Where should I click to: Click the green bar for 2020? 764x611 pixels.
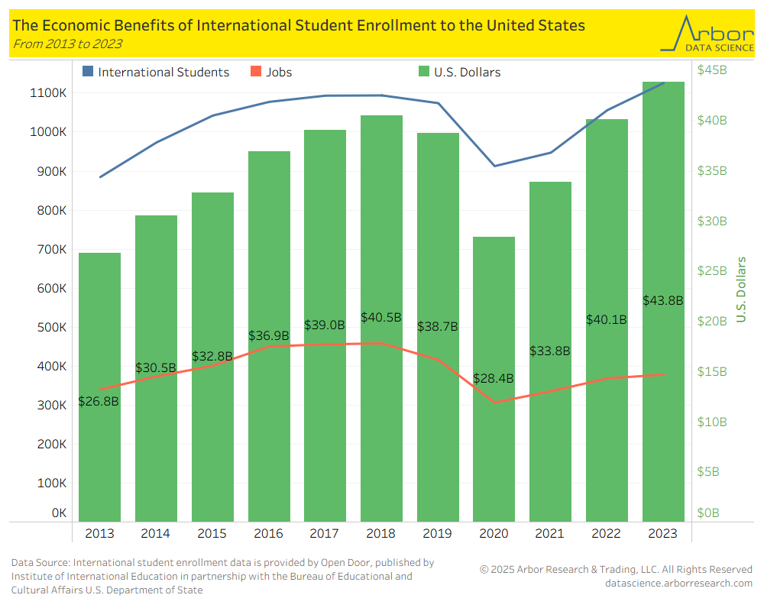[494, 443]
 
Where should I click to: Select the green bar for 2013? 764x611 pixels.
[99, 458]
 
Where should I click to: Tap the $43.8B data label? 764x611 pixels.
[662, 301]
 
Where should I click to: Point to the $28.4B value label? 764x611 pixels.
[493, 379]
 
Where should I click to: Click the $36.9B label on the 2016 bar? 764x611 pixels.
[268, 335]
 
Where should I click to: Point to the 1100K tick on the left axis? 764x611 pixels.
[48, 93]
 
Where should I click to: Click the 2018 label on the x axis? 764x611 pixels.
[380, 534]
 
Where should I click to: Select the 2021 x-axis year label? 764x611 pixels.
[550, 534]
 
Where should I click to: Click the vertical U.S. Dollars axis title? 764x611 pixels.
[741, 290]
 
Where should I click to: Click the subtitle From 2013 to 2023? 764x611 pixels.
[67, 44]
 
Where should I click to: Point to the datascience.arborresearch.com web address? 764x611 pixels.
[678, 584]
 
